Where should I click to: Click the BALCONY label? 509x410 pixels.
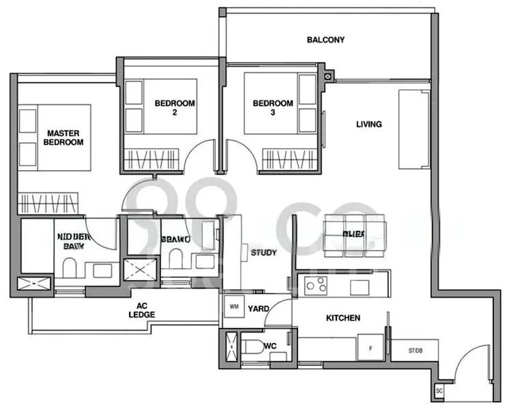tap(325, 40)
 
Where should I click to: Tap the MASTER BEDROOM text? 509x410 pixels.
tap(63, 137)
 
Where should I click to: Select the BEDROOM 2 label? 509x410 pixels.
tap(175, 108)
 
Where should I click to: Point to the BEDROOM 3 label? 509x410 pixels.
tap(273, 108)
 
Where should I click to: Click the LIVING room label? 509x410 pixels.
tap(368, 124)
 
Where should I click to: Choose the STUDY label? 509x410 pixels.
tap(263, 253)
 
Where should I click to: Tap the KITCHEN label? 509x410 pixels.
tap(343, 318)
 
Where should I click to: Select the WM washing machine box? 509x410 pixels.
tap(233, 307)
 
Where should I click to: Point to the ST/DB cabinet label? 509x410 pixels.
tap(415, 351)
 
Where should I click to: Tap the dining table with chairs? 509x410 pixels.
tap(354, 235)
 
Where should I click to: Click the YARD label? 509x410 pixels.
tap(257, 307)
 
